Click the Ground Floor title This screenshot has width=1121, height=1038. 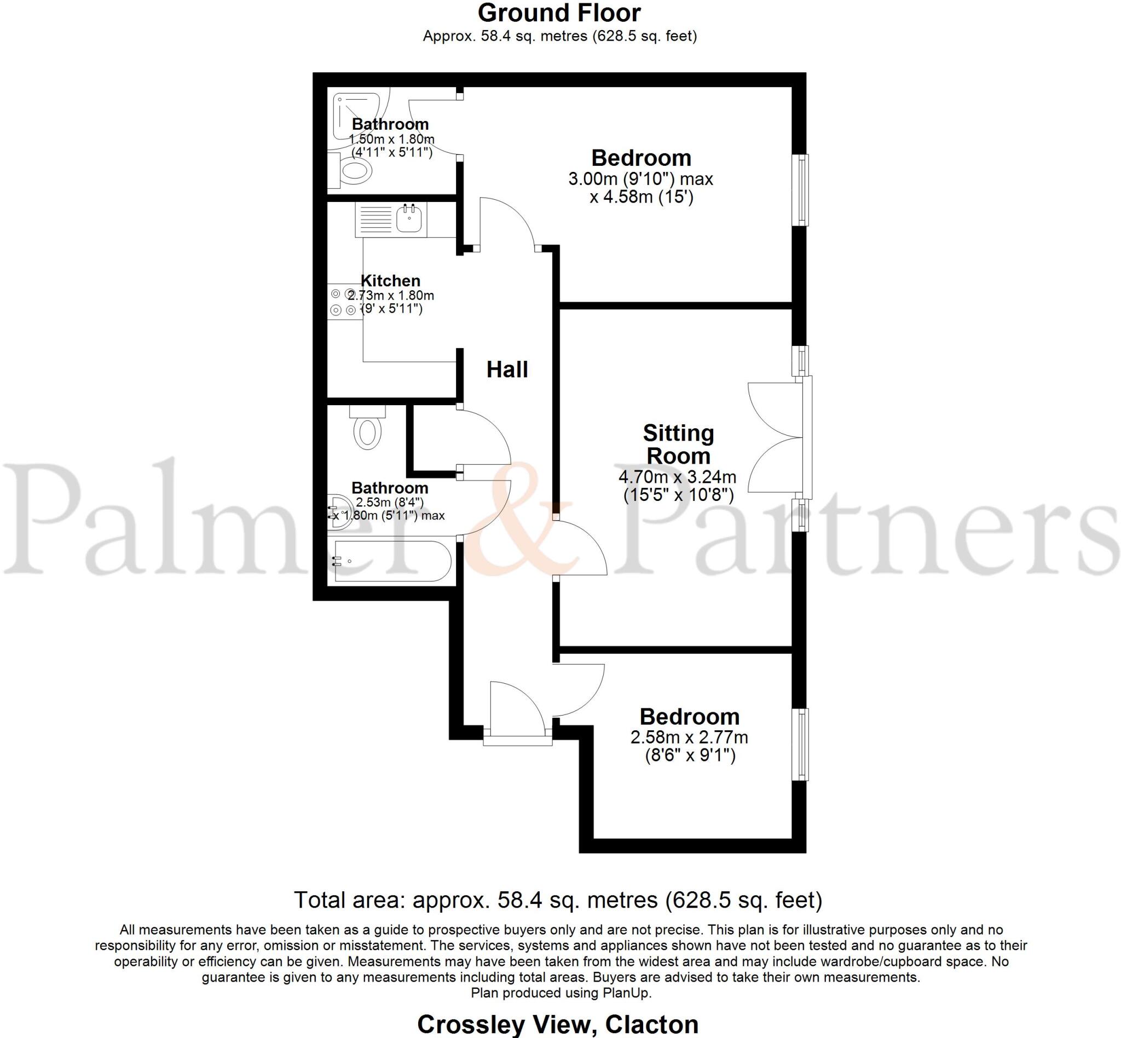click(x=559, y=14)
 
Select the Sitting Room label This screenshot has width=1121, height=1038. click(x=678, y=445)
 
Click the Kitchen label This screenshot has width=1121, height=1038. click(x=390, y=280)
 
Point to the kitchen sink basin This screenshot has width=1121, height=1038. click(x=409, y=219)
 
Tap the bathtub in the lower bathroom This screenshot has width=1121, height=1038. click(x=391, y=561)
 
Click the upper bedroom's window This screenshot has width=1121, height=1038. click(x=800, y=190)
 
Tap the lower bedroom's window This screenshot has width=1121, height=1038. click(x=800, y=744)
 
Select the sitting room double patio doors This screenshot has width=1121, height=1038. click(x=778, y=437)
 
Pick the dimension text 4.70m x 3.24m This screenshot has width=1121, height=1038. click(x=677, y=477)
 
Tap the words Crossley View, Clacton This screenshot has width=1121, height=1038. click(x=558, y=1024)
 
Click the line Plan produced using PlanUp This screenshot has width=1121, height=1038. click(x=560, y=993)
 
